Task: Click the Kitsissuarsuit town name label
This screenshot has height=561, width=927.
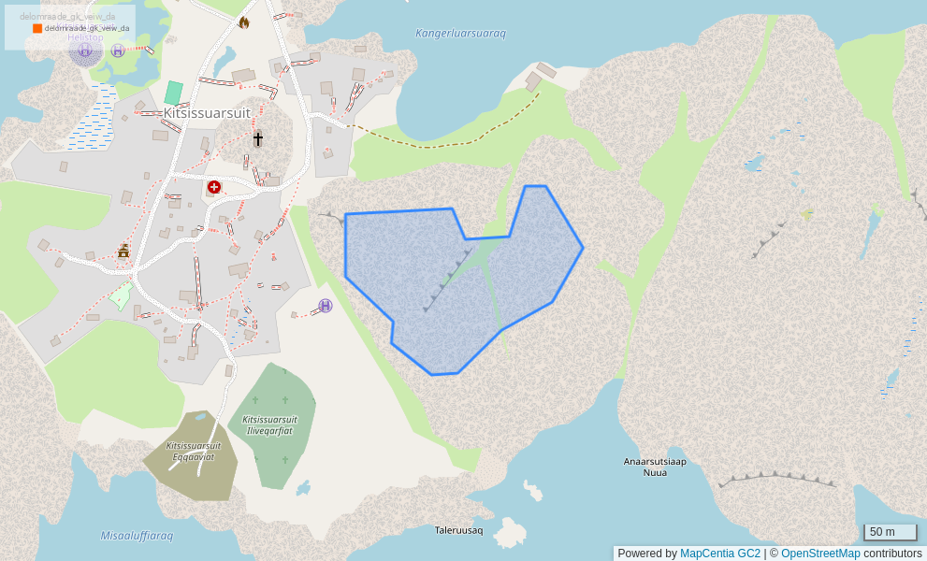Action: [x=207, y=113]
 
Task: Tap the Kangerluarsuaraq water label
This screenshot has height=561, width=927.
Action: [x=460, y=34]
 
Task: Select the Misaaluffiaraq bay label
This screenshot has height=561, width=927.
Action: [x=137, y=536]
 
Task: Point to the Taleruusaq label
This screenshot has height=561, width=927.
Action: [x=458, y=530]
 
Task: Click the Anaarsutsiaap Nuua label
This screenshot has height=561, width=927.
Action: [x=655, y=467]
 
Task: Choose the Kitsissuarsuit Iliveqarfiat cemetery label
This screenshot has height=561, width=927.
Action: [x=269, y=425]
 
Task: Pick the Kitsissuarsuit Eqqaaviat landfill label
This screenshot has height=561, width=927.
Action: [x=194, y=451]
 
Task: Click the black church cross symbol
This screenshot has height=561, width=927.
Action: [x=257, y=139]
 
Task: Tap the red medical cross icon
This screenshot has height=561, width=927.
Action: [x=214, y=187]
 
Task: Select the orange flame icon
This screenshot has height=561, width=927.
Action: [x=243, y=22]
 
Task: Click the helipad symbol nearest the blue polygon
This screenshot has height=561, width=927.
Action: [x=325, y=306]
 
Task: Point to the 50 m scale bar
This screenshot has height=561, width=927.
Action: [x=890, y=532]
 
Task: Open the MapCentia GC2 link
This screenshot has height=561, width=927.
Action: [x=719, y=554]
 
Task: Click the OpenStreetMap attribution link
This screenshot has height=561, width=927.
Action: [x=819, y=554]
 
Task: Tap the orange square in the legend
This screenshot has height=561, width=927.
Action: [x=37, y=29]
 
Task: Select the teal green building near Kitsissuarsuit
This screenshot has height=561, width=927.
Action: [x=173, y=93]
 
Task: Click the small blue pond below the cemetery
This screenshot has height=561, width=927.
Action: [x=302, y=488]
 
